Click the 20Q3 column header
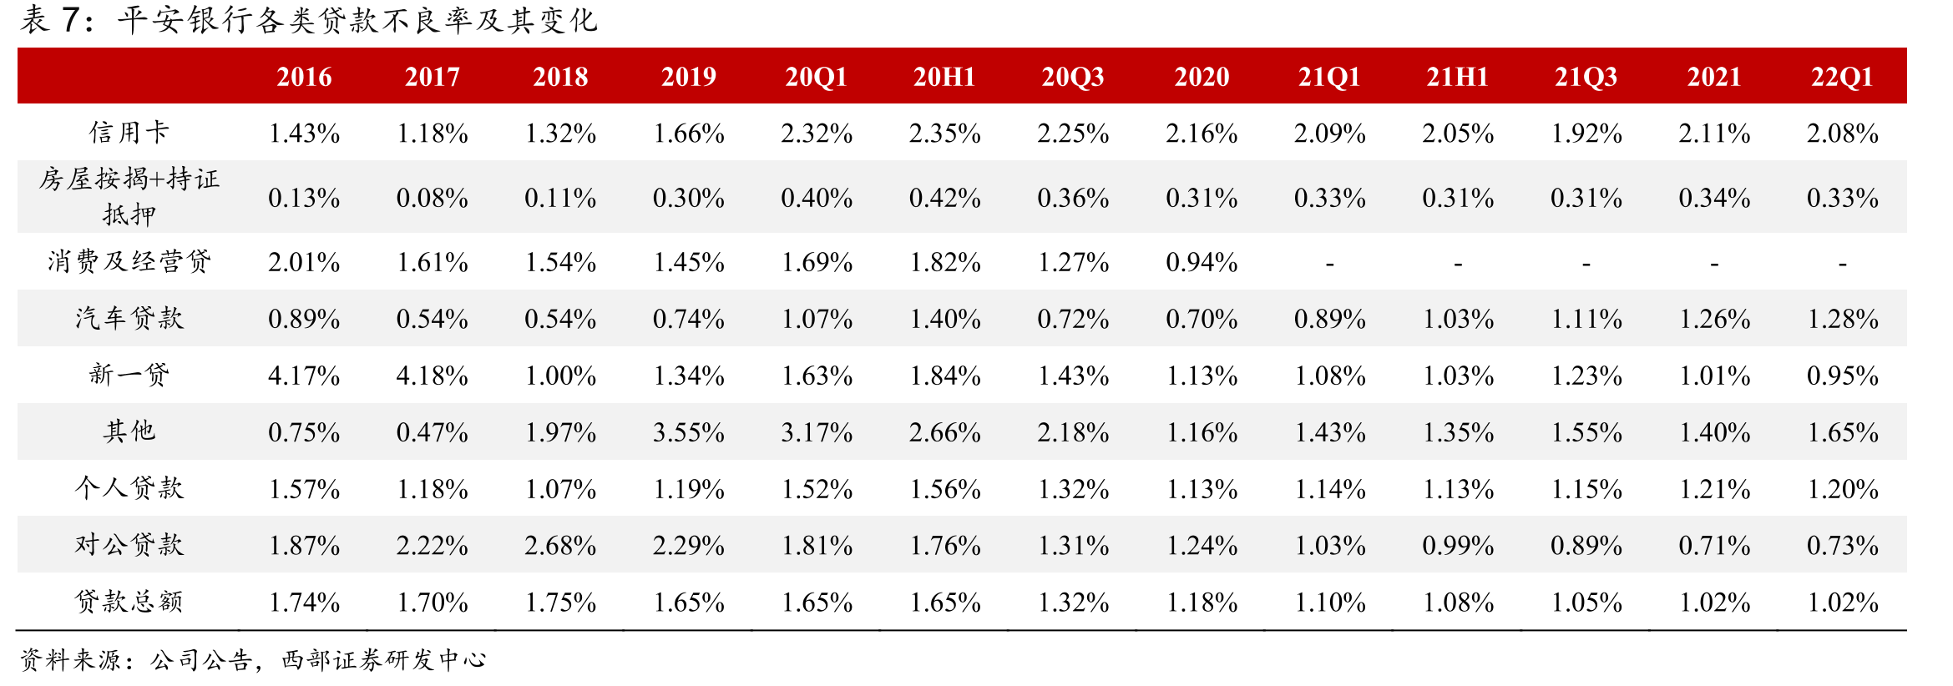[x=1073, y=77]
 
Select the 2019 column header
[x=689, y=77]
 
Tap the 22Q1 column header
[x=1842, y=77]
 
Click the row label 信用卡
[x=129, y=132]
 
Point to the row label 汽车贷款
[x=129, y=318]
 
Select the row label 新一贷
[x=129, y=375]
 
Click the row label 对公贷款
[x=129, y=544]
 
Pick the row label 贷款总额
[x=129, y=601]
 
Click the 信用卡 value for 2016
[x=304, y=134]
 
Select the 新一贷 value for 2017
[x=433, y=376]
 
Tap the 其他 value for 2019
[x=689, y=432]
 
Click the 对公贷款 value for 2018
[x=560, y=546]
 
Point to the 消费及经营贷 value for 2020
[x=1202, y=263]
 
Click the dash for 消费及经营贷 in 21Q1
[x=1329, y=265]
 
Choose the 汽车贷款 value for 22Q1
[x=1843, y=319]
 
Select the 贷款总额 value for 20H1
[x=945, y=603]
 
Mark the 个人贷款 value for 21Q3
[x=1586, y=489]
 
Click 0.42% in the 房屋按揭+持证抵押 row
[x=945, y=199]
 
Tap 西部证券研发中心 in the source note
[x=384, y=660]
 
